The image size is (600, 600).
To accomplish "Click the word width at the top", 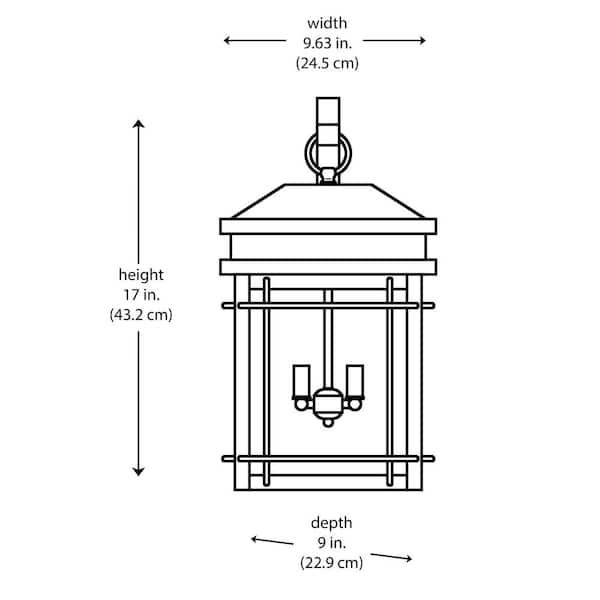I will (326, 22).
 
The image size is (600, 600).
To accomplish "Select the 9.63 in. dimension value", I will (326, 42).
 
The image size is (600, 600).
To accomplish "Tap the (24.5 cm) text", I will (326, 62).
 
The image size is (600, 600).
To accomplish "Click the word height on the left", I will (140, 274).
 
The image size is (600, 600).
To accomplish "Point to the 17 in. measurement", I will (140, 294).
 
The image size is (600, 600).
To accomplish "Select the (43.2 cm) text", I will (140, 314).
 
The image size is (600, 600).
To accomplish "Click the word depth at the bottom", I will (331, 522).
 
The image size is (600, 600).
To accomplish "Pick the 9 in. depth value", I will (331, 542).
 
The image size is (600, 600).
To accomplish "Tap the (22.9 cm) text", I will (331, 562).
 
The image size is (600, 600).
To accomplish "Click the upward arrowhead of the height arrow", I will (139, 124).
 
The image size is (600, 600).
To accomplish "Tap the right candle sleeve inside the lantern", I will (354, 381).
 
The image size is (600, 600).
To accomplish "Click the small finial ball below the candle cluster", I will (327, 423).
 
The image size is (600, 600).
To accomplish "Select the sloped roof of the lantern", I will (328, 201).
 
